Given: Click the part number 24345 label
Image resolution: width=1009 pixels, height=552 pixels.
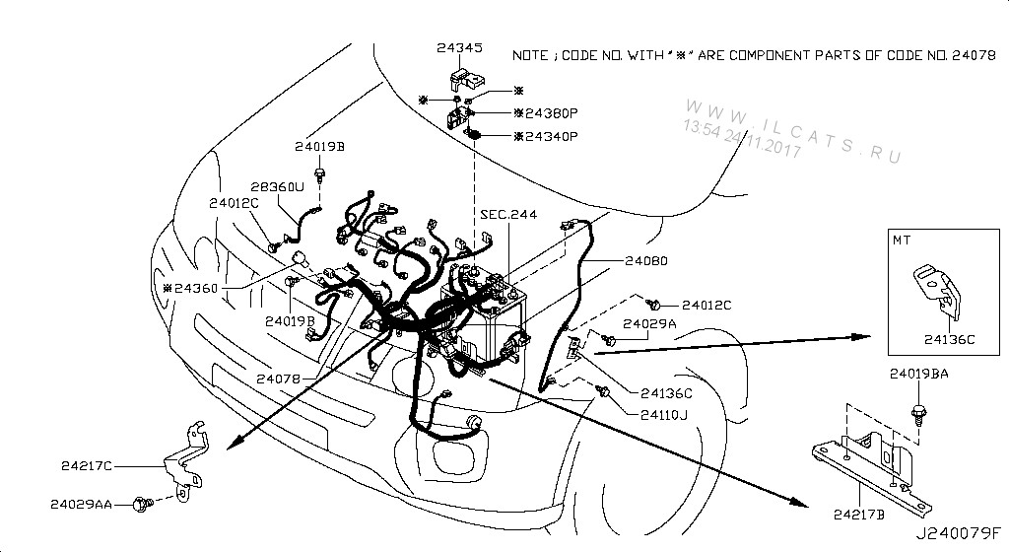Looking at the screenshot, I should [x=459, y=46].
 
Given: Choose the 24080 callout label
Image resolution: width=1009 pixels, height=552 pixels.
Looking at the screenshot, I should [x=645, y=262].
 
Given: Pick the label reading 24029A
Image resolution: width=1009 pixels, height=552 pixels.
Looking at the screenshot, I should [x=649, y=323].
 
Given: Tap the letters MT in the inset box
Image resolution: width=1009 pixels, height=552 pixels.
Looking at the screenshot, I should [x=904, y=240].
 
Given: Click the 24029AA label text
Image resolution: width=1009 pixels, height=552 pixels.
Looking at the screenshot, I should [x=84, y=504].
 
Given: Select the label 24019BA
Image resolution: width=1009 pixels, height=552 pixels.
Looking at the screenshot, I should [x=918, y=375].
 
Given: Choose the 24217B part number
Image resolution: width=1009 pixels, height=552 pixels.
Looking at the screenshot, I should [x=860, y=513].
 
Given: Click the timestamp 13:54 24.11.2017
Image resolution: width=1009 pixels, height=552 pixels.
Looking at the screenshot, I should [x=742, y=139].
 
